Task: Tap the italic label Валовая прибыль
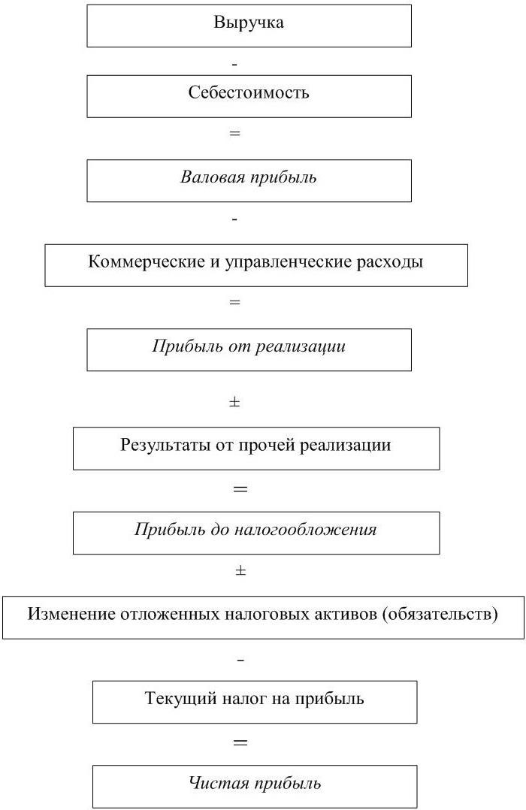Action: [249, 178]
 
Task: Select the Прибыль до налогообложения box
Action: [255, 530]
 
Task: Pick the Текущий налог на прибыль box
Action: [254, 700]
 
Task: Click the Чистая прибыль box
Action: [254, 784]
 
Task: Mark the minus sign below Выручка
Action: [235, 65]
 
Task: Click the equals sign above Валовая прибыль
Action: [235, 134]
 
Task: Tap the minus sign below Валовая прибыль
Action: [235, 219]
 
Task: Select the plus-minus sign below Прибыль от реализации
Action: [234, 403]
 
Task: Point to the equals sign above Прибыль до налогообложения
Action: [240, 489]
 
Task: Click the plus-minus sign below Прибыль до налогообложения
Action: [240, 571]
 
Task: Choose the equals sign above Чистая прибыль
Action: [240, 742]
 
